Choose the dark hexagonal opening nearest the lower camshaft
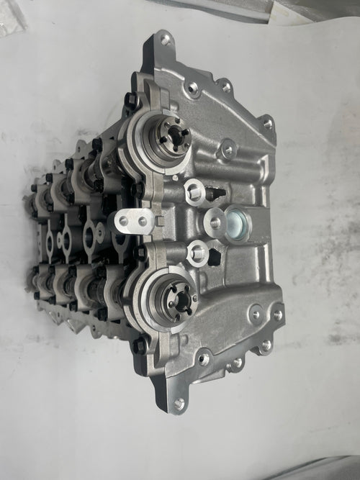pos(216,256)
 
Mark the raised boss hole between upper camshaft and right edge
pos(229,149)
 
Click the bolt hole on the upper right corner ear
pos(267,124)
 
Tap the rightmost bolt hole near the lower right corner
pos(277,314)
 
